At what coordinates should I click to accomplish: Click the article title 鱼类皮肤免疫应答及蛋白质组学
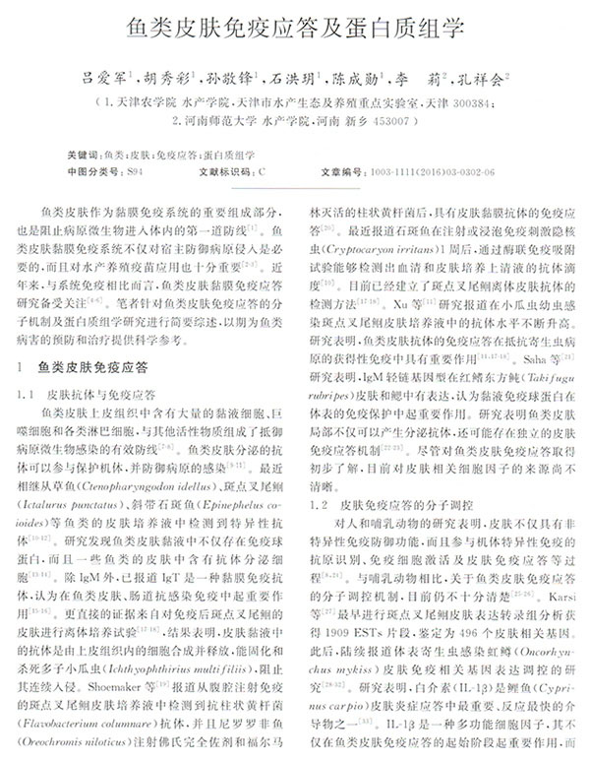(x=295, y=27)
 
